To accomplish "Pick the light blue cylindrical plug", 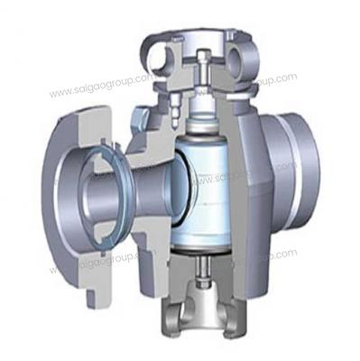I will coord(208,190).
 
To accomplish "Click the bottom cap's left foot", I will coord(172,316).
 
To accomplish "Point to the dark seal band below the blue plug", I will coord(208,252).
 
